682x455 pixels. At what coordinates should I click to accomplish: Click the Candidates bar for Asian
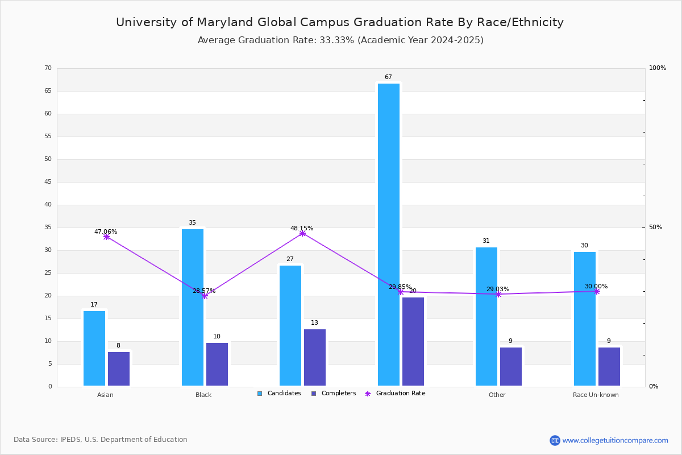(94, 348)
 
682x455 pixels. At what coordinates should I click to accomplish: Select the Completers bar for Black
(217, 364)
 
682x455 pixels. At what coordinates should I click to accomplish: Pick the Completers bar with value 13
(315, 357)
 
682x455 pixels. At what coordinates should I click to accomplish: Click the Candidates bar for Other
(486, 316)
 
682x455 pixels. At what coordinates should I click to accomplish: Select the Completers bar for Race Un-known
(609, 366)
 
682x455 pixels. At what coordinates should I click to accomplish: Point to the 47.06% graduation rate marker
(106, 237)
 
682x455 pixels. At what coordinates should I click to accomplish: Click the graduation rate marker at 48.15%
(302, 233)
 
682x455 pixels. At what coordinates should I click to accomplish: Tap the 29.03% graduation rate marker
(498, 294)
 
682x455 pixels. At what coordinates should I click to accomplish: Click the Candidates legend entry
(279, 394)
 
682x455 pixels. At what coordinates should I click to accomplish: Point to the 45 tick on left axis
(48, 182)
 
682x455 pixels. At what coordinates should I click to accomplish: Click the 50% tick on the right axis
(655, 227)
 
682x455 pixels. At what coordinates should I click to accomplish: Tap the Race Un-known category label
(596, 395)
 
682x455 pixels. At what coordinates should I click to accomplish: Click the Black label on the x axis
(203, 395)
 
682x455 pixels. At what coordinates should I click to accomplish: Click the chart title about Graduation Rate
(340, 22)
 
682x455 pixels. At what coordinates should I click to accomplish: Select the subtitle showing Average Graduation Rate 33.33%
(340, 40)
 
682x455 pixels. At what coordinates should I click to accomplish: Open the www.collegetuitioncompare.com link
(615, 440)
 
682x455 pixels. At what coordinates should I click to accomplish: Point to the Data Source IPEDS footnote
(101, 440)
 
